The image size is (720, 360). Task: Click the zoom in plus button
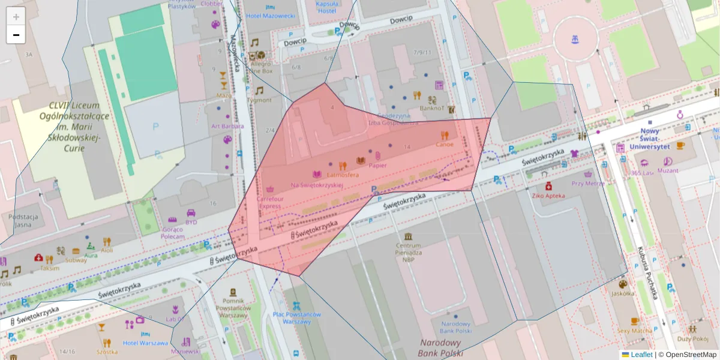click(x=16, y=17)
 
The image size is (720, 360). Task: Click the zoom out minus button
click(x=16, y=35)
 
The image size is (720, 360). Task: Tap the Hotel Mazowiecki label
click(x=270, y=16)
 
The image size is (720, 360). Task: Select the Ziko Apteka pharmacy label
click(x=546, y=196)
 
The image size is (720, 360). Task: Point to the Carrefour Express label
click(x=269, y=202)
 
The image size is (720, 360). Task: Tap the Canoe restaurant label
click(x=444, y=144)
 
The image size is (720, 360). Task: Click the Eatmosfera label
click(x=343, y=175)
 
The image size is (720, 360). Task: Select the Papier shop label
click(x=377, y=165)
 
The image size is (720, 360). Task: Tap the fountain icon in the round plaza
click(x=575, y=40)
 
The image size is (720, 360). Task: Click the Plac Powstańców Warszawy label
click(x=296, y=318)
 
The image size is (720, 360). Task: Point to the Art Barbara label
click(x=227, y=126)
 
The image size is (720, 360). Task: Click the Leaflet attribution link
click(x=641, y=355)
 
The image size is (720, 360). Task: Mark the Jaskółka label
click(x=623, y=293)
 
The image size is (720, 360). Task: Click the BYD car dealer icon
click(x=191, y=213)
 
